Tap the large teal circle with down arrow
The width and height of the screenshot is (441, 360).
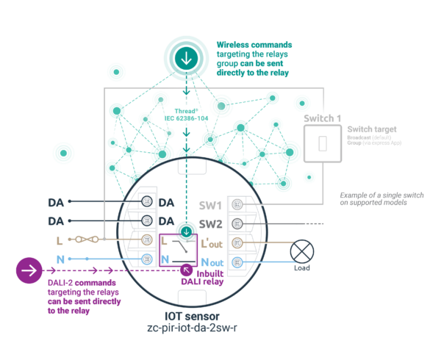[186, 54]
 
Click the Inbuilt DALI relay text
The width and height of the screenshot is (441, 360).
[202, 277]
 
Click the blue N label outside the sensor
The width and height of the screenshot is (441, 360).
[60, 259]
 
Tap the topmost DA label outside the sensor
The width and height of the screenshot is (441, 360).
[56, 202]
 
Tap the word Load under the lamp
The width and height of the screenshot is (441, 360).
[302, 268]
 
